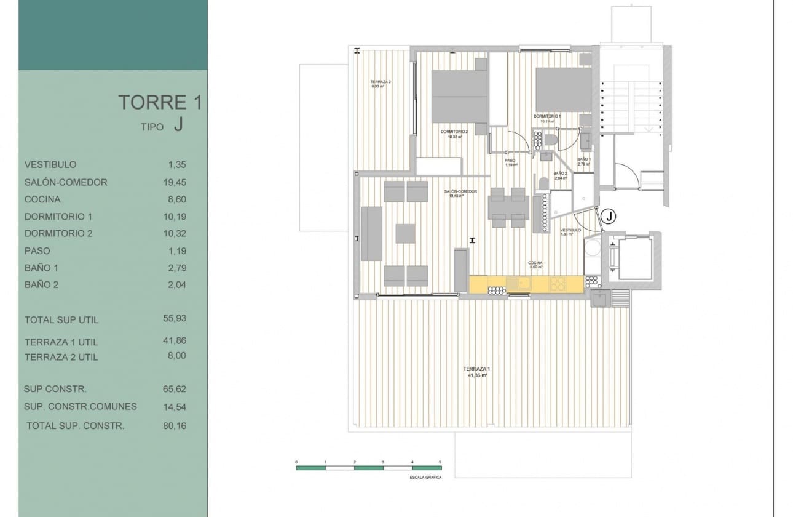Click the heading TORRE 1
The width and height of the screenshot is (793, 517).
(x=159, y=102)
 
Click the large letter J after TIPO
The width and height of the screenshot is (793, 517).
(x=178, y=125)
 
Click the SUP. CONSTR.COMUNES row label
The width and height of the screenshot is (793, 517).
(x=80, y=406)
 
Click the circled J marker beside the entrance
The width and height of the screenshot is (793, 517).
(x=608, y=216)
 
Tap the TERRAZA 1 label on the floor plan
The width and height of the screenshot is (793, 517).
(x=476, y=369)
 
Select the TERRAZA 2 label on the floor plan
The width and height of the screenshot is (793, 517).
(x=381, y=82)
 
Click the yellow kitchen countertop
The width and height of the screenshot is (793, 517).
(x=526, y=284)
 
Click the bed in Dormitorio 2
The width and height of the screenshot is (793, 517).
(x=459, y=96)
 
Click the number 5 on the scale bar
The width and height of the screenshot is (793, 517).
(x=440, y=461)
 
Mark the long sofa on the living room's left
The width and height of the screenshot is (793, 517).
(x=372, y=233)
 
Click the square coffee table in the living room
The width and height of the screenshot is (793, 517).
(x=406, y=233)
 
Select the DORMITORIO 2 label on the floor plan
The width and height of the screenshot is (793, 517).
(x=454, y=132)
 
